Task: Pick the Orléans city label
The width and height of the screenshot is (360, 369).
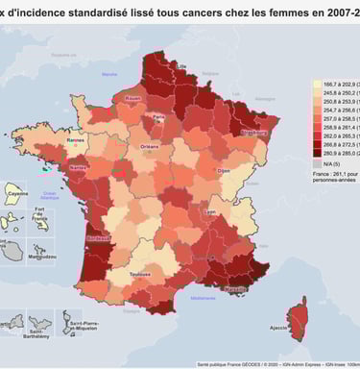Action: (150, 146)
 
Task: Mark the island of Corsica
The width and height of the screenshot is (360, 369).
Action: (297, 317)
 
